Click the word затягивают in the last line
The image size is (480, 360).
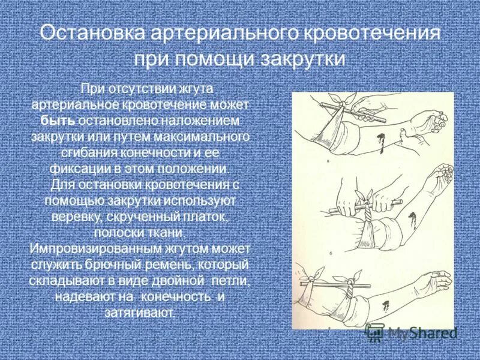click(143, 312)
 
